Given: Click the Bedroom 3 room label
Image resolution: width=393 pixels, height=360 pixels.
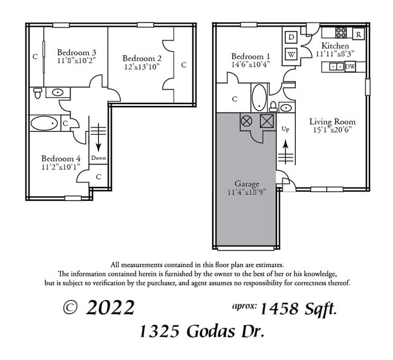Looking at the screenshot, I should point(77,52).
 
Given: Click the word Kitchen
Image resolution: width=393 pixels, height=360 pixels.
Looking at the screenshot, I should point(334,46).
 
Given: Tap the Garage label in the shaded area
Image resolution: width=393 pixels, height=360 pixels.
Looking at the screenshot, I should point(247,183).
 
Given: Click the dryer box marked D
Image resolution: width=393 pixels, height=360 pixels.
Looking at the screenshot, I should point(291,37).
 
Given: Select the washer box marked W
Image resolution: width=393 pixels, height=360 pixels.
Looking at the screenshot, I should point(291,53).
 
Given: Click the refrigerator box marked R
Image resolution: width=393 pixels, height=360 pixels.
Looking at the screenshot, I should point(359,34).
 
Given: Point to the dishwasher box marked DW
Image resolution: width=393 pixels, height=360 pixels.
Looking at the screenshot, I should point(349,67).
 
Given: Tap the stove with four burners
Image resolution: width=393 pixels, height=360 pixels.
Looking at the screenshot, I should point(341,33).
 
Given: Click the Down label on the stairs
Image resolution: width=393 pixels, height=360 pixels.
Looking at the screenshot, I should point(99,158).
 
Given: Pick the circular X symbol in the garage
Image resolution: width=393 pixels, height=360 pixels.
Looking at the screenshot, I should point(247,120).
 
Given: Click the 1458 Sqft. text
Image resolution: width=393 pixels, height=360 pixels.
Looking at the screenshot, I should point(299,309).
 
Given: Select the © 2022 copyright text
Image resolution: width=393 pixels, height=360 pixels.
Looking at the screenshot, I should point(99,308).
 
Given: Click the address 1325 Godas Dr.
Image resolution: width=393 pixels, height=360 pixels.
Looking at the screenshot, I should point(201,332).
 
